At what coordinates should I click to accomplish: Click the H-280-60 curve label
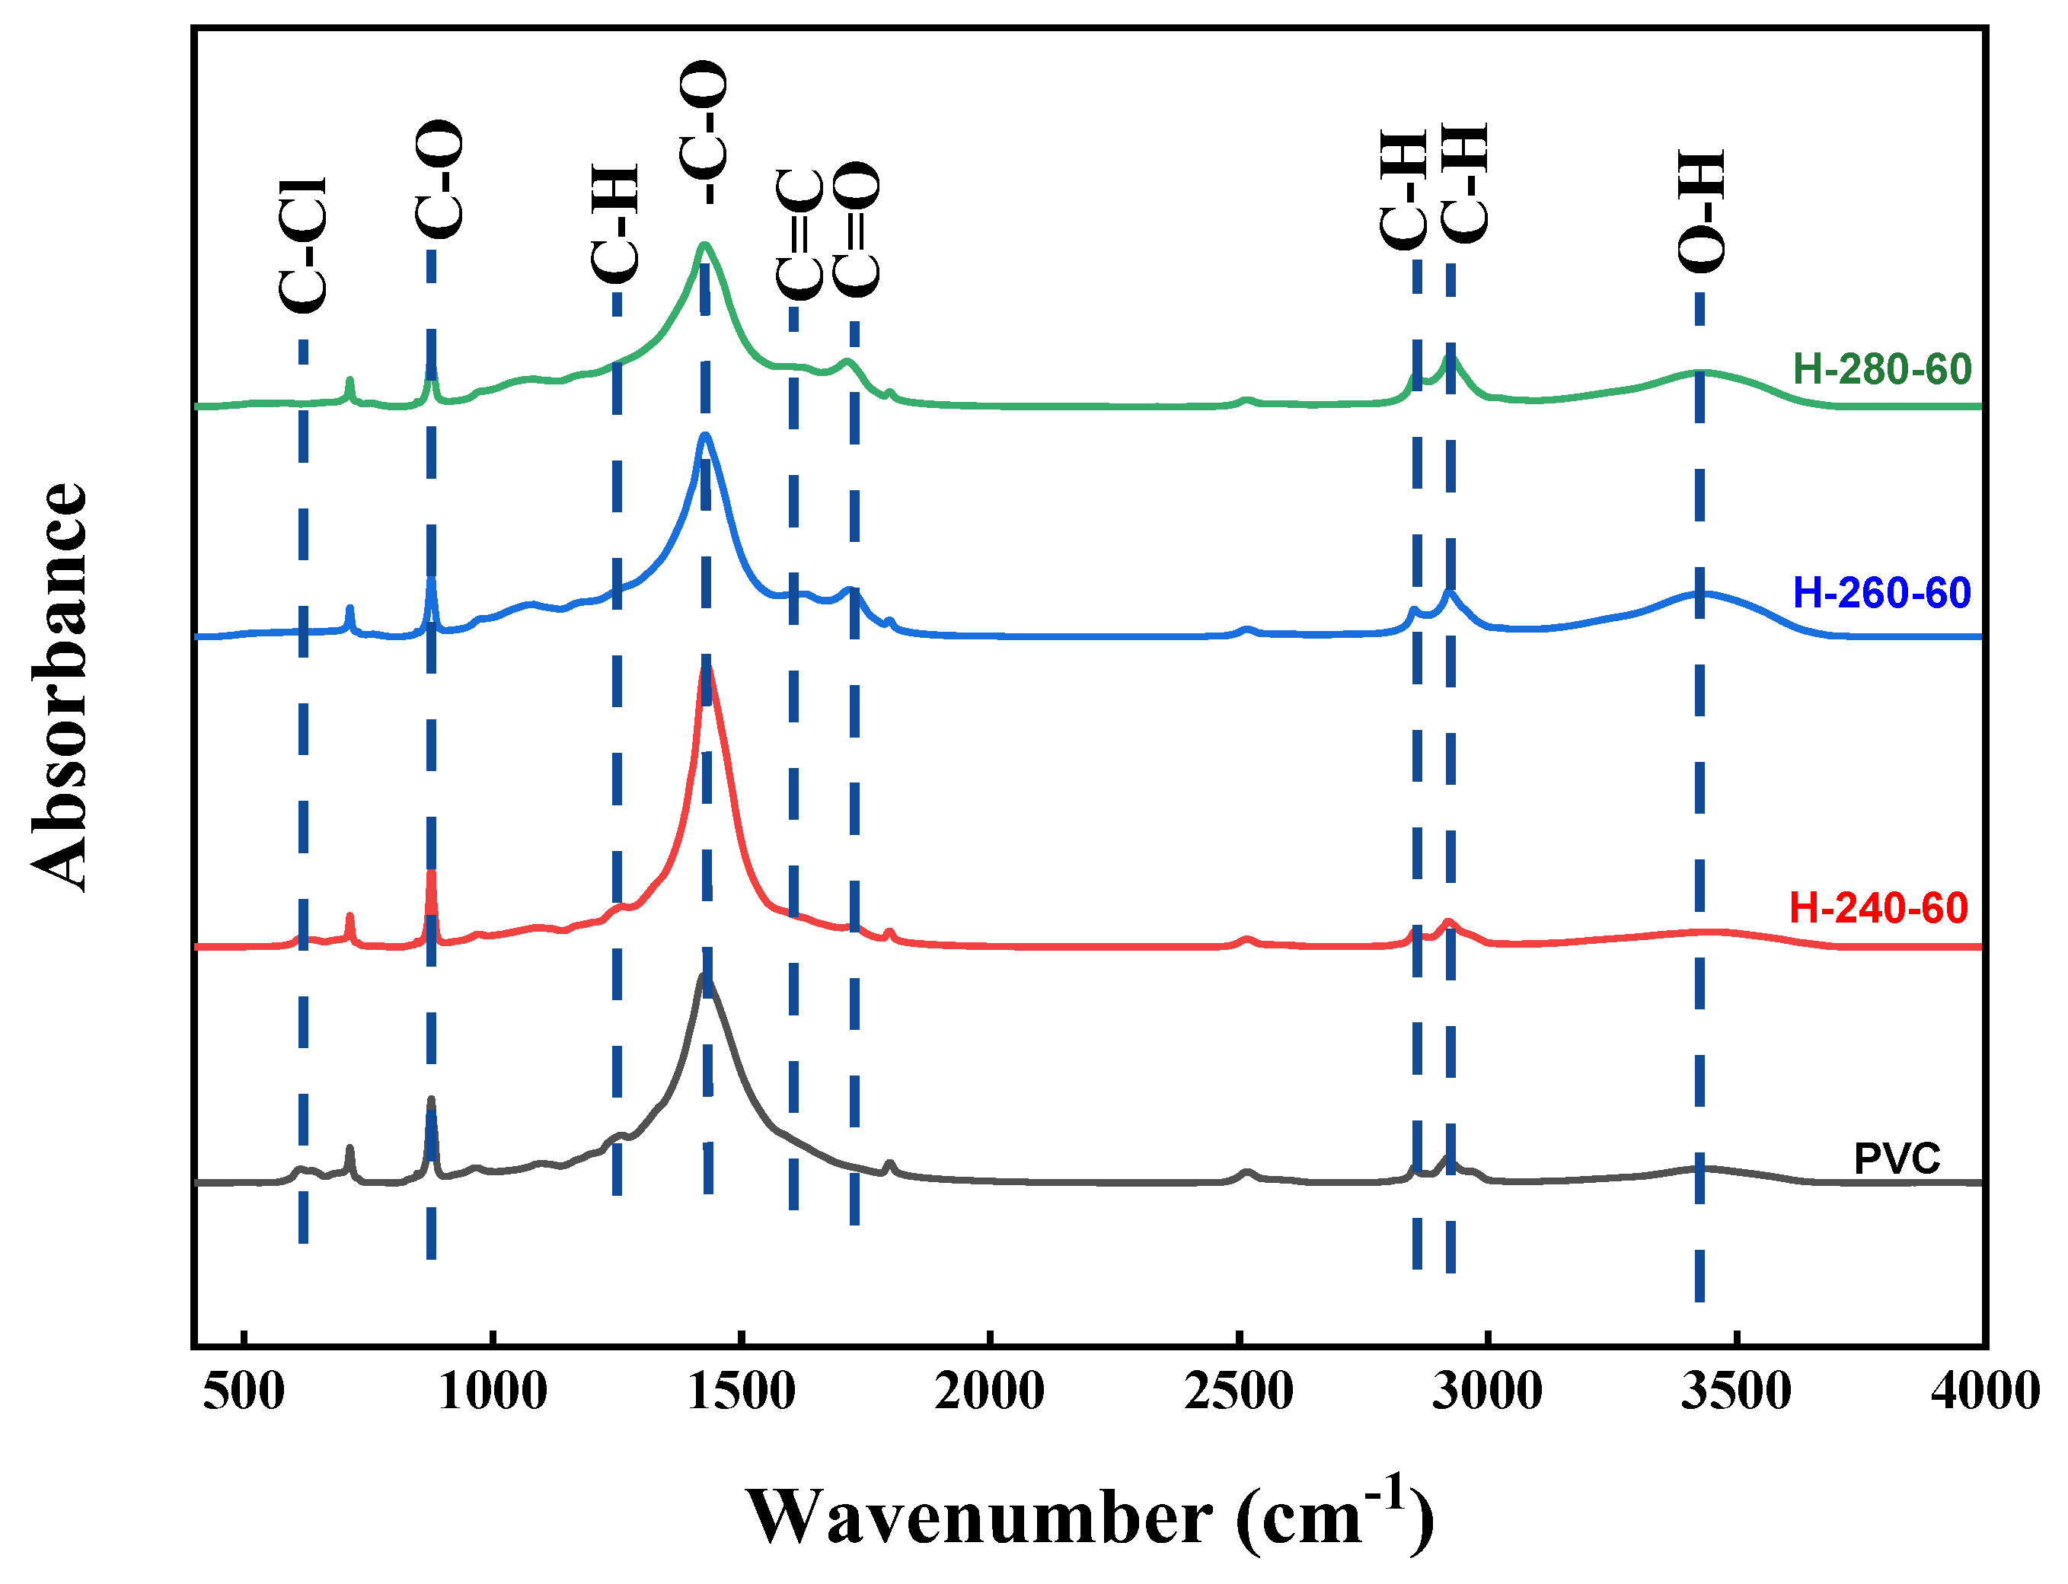1881,370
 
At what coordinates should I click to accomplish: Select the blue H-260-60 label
1881,593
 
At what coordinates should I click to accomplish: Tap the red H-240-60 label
1878,908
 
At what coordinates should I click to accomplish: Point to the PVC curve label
1897,1159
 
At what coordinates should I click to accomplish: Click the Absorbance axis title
59,686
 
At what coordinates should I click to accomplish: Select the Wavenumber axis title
1089,1518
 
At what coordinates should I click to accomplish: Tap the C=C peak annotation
799,234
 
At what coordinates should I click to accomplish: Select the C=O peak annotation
857,230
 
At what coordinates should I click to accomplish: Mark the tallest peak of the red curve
705,668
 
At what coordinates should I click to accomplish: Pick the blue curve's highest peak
704,435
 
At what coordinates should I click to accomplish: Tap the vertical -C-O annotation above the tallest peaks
704,132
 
